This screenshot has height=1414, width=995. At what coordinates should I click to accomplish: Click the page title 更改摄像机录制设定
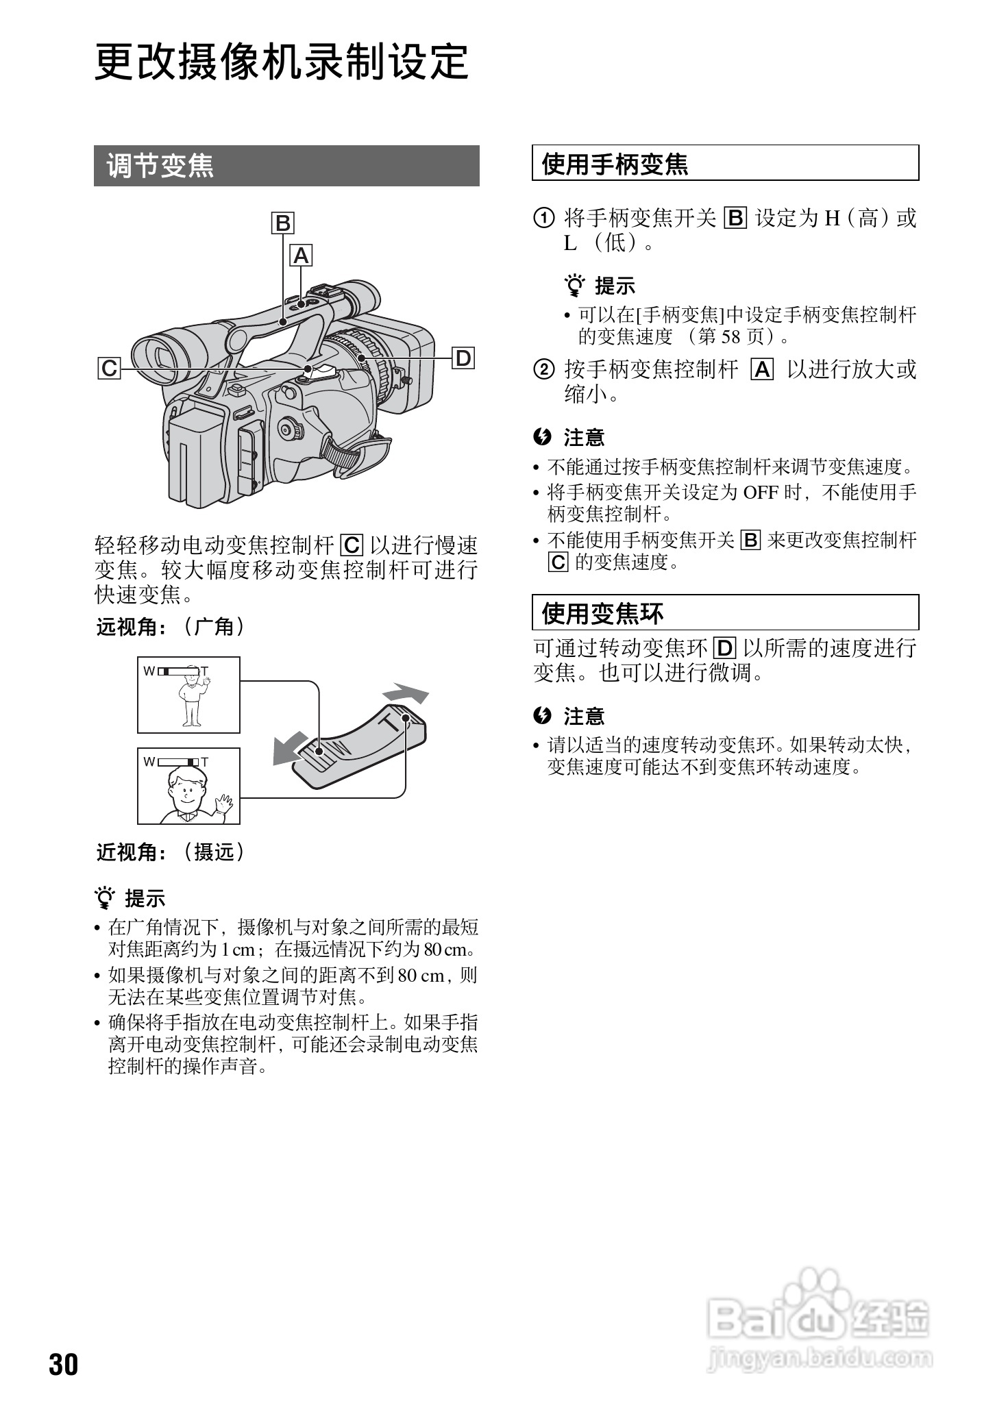coord(281,63)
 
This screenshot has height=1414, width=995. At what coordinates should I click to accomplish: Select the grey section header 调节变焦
coord(286,166)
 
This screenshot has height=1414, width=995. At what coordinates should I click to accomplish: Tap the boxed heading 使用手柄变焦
coord(725,163)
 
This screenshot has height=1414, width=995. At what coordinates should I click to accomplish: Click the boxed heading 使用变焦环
coord(725,612)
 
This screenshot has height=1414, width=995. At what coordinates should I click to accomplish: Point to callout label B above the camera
coord(282,223)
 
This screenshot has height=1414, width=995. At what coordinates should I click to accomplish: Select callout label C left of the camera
coord(109,369)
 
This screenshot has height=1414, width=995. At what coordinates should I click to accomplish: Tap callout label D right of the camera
coord(464,358)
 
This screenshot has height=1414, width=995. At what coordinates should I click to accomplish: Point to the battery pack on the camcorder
coord(197,455)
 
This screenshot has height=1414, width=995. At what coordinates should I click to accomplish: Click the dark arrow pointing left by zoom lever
coord(290,747)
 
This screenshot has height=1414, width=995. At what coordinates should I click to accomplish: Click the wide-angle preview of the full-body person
coord(189,695)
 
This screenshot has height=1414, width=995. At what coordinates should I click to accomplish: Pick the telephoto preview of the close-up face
coord(189,786)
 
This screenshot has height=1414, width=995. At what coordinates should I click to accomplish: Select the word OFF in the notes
coord(761,492)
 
